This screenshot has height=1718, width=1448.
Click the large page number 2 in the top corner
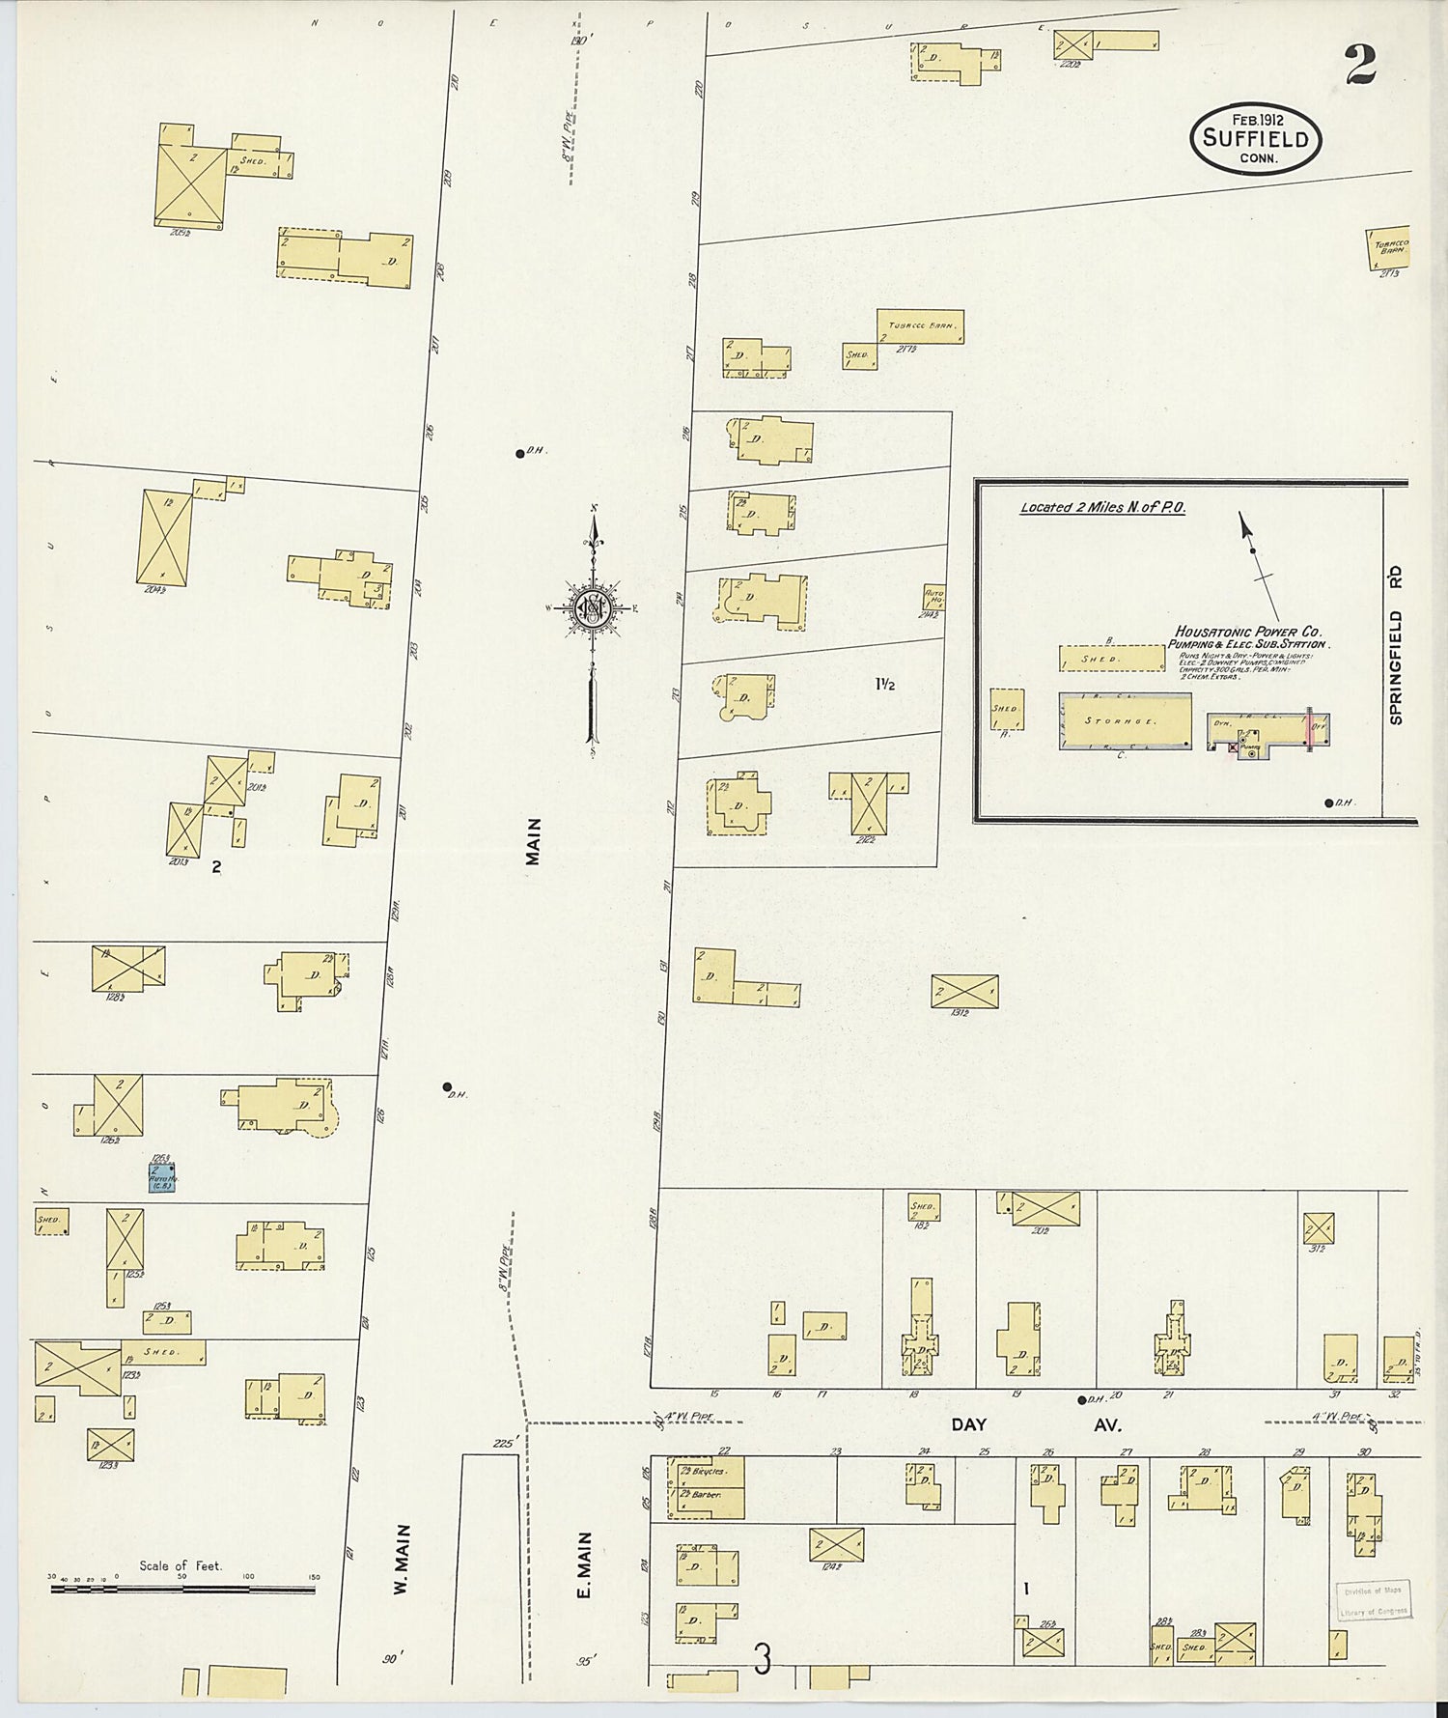(1359, 66)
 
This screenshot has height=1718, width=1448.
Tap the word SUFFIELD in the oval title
(1255, 138)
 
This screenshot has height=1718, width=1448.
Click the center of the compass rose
(590, 608)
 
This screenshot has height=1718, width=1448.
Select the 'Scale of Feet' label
(181, 1565)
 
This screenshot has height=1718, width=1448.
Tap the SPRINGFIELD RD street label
(1395, 645)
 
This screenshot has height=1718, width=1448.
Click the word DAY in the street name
(969, 1424)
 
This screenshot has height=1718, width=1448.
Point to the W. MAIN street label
(403, 1560)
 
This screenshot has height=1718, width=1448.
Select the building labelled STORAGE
(1125, 720)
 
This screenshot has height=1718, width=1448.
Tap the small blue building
(161, 1178)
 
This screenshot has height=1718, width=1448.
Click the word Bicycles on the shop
(702, 1471)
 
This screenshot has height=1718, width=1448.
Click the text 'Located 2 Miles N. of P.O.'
(1102, 508)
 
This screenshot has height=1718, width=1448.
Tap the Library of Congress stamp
(1373, 1598)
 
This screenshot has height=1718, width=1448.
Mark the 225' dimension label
(504, 1444)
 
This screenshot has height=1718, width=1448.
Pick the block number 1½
(884, 685)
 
